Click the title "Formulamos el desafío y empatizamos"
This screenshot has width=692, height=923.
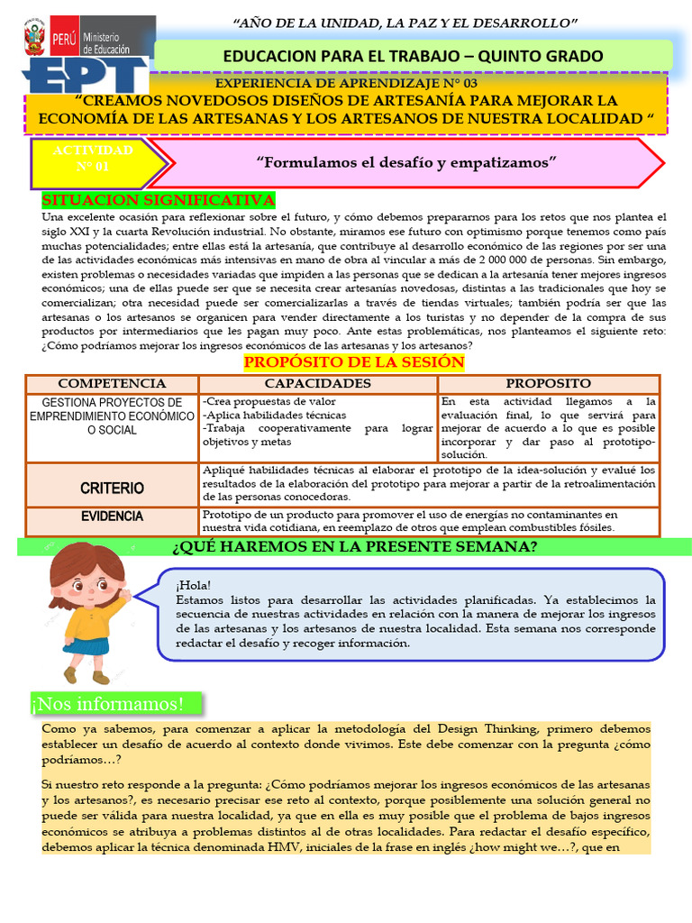pos(407,161)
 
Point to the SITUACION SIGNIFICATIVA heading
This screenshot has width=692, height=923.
pos(159,199)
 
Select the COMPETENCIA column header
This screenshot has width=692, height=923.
pos(112,384)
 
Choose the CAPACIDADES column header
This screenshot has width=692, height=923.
pos(317,384)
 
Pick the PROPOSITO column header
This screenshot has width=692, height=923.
pos(548,384)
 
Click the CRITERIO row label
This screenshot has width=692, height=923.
pos(112,488)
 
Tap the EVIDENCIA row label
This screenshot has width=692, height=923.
pos(112,516)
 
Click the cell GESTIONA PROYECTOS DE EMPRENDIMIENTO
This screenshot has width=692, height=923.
pos(112,416)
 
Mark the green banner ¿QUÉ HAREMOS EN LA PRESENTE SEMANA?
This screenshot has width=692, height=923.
pos(354,547)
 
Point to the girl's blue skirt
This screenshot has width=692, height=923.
pos(86,644)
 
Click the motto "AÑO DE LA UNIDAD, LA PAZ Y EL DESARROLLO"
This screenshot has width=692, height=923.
pos(405,22)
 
